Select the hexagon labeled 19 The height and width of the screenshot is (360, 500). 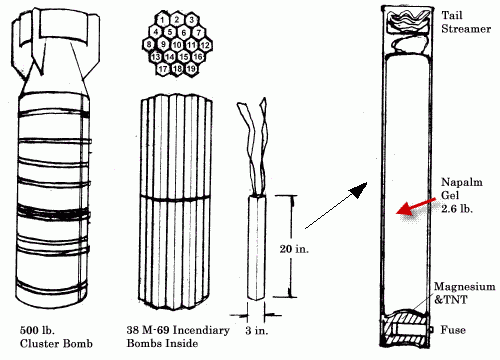pyautogui.click(x=192, y=69)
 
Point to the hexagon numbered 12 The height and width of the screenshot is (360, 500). pyautogui.click(x=205, y=45)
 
